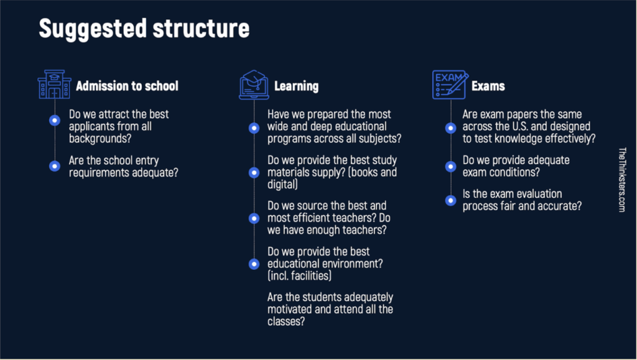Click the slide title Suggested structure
(144, 29)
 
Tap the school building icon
(55, 85)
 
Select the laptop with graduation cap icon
(254, 85)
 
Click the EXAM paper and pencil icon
(450, 85)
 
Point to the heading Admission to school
(127, 86)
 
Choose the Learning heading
(296, 86)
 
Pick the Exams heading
(488, 86)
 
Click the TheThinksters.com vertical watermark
(622, 180)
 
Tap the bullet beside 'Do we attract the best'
(55, 120)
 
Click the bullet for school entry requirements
(55, 166)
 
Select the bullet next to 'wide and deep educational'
(254, 128)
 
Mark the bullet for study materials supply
(254, 172)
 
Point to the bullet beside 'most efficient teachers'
(254, 218)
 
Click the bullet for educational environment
(254, 264)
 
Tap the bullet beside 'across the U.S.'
(450, 128)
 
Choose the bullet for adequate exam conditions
(450, 167)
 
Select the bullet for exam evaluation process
(450, 200)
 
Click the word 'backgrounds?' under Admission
(100, 139)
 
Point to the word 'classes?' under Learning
(286, 321)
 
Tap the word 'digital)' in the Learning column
(283, 185)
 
